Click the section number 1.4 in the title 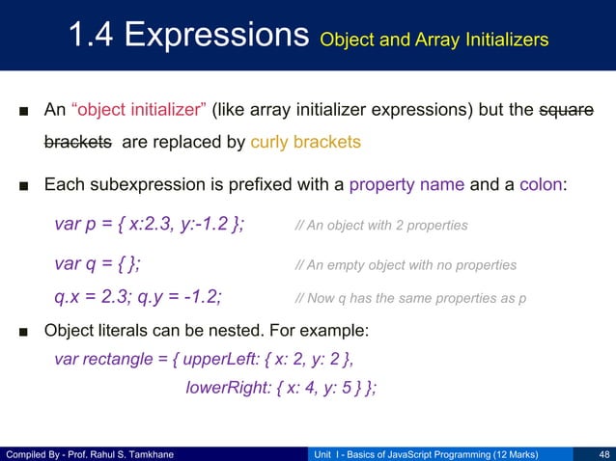[x=97, y=36]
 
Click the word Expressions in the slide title [x=220, y=36]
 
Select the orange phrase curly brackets [x=305, y=143]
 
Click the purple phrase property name [x=408, y=184]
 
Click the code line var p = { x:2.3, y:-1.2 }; [x=150, y=225]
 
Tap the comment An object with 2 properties [x=381, y=226]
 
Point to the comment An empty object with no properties [x=406, y=265]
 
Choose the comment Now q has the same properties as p [x=410, y=298]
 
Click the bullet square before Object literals [x=21, y=332]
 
